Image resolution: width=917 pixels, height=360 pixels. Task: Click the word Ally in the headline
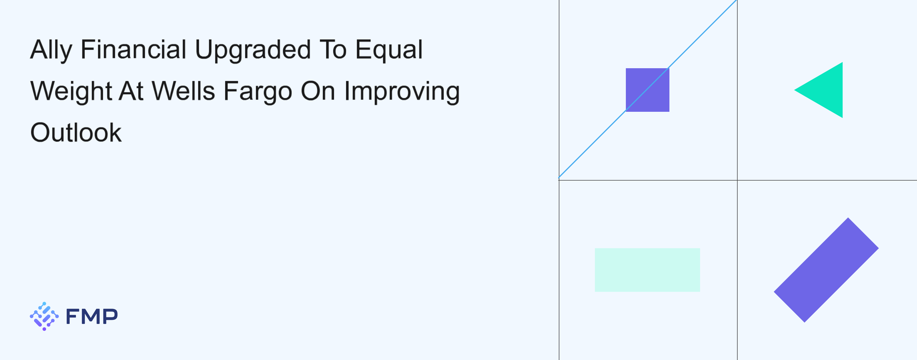click(x=51, y=50)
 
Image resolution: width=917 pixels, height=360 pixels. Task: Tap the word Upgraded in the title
click(x=253, y=50)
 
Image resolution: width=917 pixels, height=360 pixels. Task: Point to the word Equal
click(x=389, y=50)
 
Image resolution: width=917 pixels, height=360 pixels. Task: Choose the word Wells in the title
click(x=184, y=91)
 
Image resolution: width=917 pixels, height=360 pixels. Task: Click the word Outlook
click(x=76, y=132)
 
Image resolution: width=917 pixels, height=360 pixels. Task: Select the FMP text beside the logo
click(x=92, y=316)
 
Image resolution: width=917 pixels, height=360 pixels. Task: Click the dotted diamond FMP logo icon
click(x=44, y=316)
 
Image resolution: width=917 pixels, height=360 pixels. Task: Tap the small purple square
click(x=648, y=90)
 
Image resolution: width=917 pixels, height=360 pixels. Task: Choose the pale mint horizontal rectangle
click(x=647, y=270)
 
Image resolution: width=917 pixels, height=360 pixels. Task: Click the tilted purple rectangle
click(x=826, y=270)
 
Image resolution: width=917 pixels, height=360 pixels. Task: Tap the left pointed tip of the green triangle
click(x=795, y=90)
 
